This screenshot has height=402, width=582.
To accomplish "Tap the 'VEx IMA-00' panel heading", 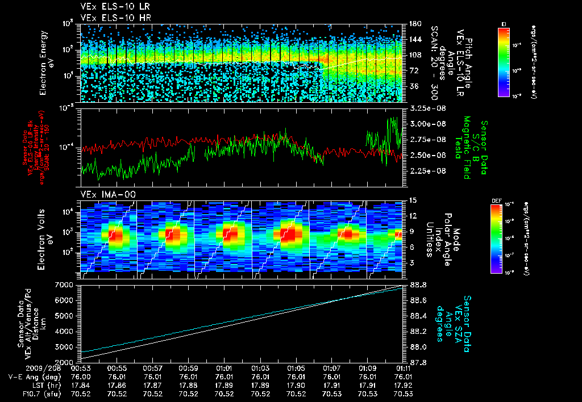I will point(101,194).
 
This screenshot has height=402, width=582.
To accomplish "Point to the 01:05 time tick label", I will point(296,367).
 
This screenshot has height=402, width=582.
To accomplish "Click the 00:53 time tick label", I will point(81,367).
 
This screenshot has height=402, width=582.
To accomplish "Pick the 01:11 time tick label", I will point(404,367).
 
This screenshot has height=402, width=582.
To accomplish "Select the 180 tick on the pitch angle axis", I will point(414,24).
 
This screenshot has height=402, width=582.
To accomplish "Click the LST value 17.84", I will point(81,384).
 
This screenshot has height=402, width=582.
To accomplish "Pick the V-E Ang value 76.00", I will point(81,376).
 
